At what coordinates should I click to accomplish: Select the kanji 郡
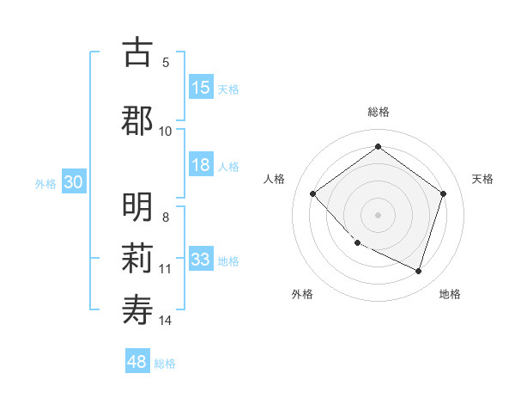[x=137, y=120]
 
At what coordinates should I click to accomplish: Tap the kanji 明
[x=137, y=207]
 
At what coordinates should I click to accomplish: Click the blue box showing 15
[x=201, y=88]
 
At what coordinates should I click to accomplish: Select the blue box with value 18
[x=201, y=165]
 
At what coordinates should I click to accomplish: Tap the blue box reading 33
[x=201, y=260]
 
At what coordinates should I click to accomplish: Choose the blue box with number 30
[x=73, y=182]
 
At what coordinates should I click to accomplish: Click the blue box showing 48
[x=137, y=362]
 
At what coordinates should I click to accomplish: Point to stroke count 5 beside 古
[x=166, y=62]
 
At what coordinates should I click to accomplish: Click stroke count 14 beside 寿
[x=166, y=321]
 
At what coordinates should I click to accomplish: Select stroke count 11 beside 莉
[x=166, y=269]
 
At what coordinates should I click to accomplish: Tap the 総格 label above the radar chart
[x=378, y=112]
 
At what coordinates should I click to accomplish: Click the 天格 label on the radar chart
[x=482, y=179]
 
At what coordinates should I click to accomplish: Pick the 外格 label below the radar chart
[x=302, y=294]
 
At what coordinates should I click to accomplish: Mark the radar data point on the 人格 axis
[x=313, y=194]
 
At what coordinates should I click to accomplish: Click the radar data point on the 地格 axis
[x=418, y=271]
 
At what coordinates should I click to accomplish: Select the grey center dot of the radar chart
[x=378, y=215]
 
